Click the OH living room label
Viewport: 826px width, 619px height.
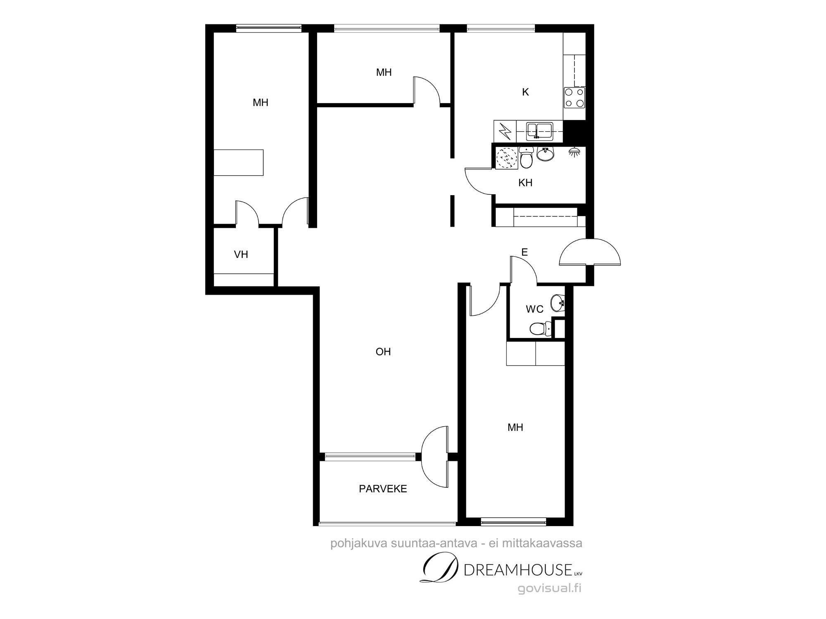pos(383,352)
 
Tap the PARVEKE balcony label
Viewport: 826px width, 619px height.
pos(383,489)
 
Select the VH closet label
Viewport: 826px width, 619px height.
pos(241,254)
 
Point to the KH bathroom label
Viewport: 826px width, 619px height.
pos(525,182)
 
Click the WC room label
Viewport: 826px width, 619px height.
pos(534,309)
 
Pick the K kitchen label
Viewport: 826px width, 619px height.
pos(525,92)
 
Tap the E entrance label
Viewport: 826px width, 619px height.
pos(525,252)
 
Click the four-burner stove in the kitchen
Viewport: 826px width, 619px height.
pos(574,98)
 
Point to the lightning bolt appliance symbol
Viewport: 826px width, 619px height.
pos(505,131)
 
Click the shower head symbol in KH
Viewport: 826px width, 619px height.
pos(574,151)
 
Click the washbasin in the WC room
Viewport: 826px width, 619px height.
pos(558,303)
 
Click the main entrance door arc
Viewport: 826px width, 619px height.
pos(590,252)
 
